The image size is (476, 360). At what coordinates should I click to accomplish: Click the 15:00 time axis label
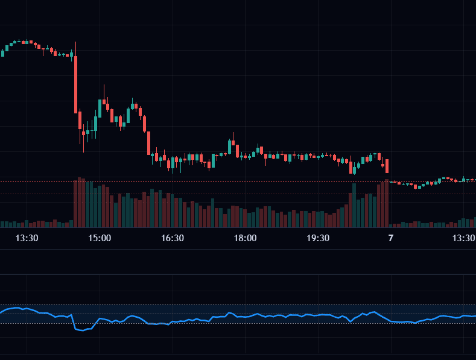point(100,238)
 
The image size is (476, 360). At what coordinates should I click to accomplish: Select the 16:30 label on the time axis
point(173,238)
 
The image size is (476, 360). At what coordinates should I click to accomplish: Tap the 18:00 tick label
point(245,238)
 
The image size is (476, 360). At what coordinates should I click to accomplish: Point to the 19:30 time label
point(318,238)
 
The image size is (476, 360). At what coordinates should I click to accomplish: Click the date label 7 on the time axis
point(390,238)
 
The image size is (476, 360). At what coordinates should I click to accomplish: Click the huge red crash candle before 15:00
point(76,84)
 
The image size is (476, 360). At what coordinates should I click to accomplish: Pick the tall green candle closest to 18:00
point(230,147)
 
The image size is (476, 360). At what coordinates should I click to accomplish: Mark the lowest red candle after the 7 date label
point(415,186)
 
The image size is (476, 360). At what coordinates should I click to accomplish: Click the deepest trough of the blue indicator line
point(80,330)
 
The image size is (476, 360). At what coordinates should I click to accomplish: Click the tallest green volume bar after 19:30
point(354,205)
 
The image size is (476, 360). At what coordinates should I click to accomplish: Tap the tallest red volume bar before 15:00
point(80,202)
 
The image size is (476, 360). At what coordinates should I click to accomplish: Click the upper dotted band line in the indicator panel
point(241,305)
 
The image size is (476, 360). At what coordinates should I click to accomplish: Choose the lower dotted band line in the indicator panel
point(241,324)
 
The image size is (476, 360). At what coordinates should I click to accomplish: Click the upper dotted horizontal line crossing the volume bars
point(241,182)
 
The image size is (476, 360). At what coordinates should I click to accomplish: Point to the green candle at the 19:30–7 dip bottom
point(354,168)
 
